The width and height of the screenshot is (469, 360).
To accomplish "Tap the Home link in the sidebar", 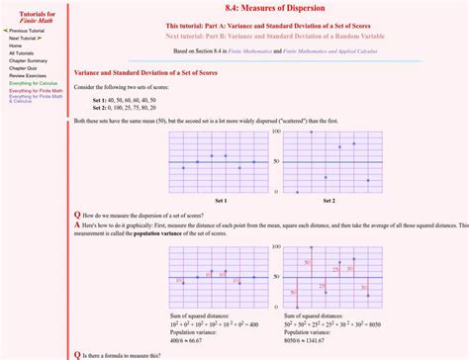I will (16, 45).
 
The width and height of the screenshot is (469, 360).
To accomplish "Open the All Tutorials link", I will (21, 52).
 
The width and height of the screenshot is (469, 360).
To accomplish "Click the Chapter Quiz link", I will (24, 67).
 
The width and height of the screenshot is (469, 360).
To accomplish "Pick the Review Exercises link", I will (29, 75).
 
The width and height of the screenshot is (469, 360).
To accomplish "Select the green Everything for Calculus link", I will (34, 83).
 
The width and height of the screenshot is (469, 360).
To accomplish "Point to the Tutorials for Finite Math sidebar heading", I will (31, 14).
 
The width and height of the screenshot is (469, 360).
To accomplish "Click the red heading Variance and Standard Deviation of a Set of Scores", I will (143, 72).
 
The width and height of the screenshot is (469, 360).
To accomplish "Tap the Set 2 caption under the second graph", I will (328, 201).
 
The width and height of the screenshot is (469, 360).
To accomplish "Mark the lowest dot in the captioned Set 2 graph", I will (298, 192).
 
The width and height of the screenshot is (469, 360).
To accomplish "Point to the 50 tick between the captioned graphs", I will (276, 162).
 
